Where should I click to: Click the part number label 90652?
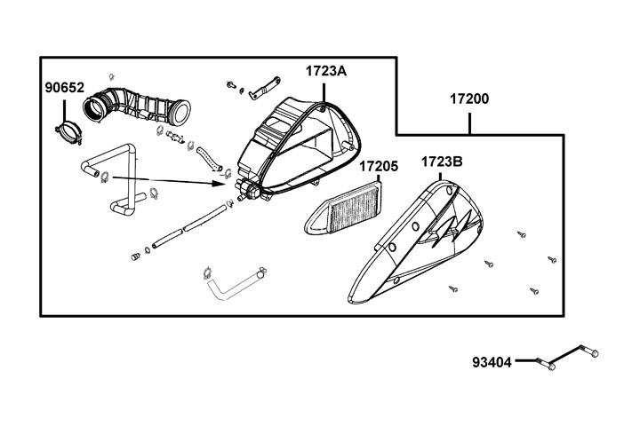tap(65, 88)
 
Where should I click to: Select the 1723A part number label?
tap(326, 71)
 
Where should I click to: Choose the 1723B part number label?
tap(441, 162)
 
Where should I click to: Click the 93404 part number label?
tap(492, 362)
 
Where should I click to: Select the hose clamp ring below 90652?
tap(68, 130)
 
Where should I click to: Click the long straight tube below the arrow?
tap(189, 225)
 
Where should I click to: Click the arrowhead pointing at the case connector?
tap(224, 185)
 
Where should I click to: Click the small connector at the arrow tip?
tap(247, 187)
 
